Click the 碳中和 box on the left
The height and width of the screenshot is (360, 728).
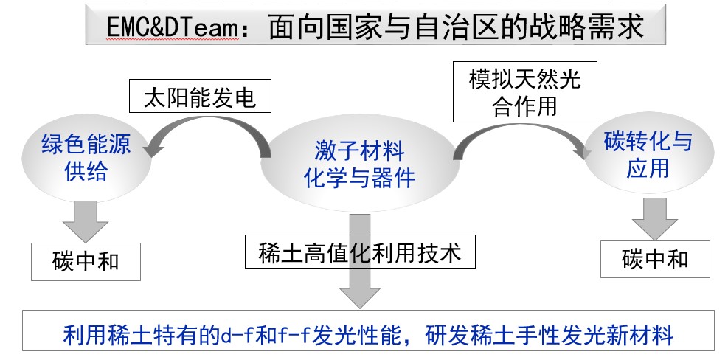86,261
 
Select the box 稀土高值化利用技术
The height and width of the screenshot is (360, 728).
360,253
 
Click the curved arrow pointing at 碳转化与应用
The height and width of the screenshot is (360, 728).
516,133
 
